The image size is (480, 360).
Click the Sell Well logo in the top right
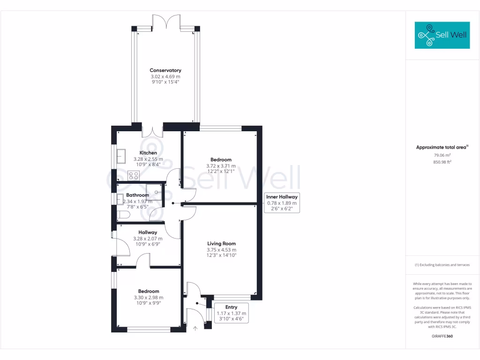click(442, 35)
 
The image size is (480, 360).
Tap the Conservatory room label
click(165, 70)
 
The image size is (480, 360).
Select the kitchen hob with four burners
click(134, 176)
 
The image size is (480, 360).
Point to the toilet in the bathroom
click(123, 215)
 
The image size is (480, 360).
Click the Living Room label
click(221, 244)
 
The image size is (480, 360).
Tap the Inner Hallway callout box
click(282, 203)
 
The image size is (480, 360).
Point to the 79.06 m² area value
click(442, 155)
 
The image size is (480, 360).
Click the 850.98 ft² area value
click(442, 162)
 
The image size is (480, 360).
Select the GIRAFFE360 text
click(442, 336)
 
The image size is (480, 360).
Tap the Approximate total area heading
click(442, 147)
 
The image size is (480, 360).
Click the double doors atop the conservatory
click(166, 22)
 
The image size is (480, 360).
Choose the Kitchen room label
click(148, 153)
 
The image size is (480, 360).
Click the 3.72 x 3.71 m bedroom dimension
click(219, 166)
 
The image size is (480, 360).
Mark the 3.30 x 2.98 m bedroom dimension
click(148, 297)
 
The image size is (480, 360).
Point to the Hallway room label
click(148, 232)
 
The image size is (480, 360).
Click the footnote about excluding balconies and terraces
click(442, 265)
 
